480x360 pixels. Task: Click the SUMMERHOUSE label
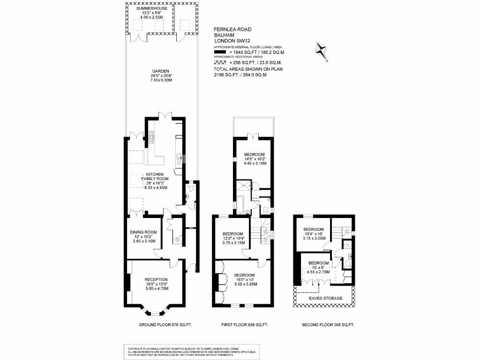pos(151,8)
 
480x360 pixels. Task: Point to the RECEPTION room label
pos(156,280)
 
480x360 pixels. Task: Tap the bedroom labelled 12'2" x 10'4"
pos(232,234)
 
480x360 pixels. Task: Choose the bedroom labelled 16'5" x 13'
pos(244,275)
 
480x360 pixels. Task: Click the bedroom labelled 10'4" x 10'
pos(312,229)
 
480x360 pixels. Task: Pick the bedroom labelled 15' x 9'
pos(318,263)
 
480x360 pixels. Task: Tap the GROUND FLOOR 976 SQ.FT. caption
pos(165,325)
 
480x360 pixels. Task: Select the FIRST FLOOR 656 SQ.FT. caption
pos(245,325)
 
